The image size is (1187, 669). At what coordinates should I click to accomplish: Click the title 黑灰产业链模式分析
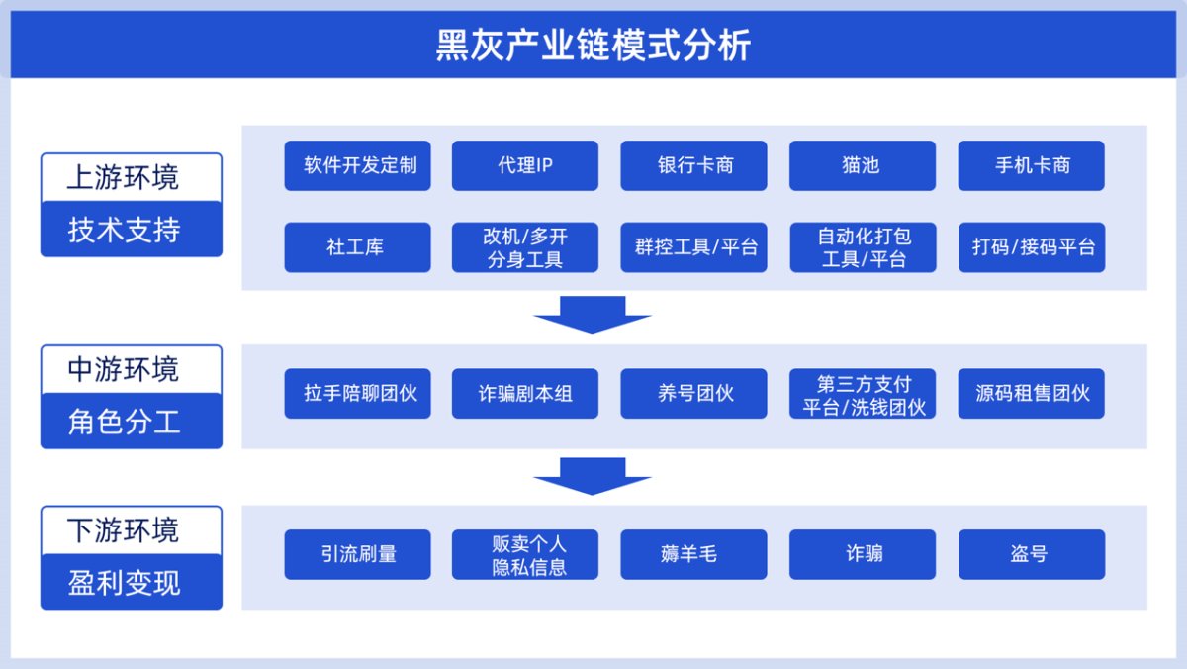point(593,46)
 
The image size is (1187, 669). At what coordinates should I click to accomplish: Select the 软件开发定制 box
point(358,165)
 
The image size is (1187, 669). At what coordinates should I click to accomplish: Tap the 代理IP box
point(525,165)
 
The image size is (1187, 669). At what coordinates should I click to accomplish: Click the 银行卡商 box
point(693,165)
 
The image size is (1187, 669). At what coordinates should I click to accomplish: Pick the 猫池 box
point(863,165)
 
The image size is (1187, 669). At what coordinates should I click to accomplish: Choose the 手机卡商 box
point(1031,165)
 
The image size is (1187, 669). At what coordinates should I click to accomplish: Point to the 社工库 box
point(358,247)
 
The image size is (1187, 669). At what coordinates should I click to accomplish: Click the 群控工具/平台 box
point(693,247)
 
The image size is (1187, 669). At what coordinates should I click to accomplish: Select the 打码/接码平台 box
point(1032,247)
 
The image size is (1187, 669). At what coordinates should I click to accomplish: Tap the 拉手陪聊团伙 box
point(358,393)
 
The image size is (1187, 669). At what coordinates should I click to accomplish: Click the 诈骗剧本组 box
point(525,393)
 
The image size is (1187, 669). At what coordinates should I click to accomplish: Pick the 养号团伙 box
point(693,393)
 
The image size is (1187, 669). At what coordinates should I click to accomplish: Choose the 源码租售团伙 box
point(1031,393)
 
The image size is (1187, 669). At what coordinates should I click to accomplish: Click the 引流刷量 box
point(358,554)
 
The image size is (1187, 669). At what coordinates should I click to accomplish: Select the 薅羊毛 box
point(693,554)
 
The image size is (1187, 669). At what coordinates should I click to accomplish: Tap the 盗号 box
point(1032,554)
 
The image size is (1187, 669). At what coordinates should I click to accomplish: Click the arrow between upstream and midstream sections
point(593,315)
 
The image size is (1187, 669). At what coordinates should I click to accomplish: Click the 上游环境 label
point(123,177)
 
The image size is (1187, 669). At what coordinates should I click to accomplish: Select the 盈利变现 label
point(124,583)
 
